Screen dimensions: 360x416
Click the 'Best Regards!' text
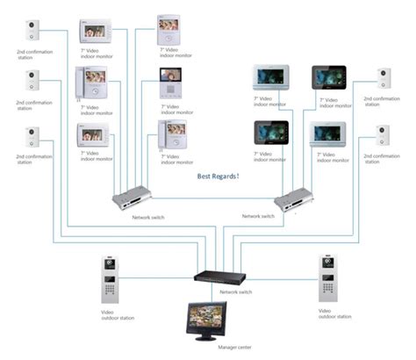pyautogui.click(x=219, y=176)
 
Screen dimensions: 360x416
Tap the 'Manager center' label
pyautogui.click(x=206, y=348)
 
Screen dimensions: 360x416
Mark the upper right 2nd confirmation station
pyautogui.click(x=384, y=80)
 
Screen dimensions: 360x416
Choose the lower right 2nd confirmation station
pyautogui.click(x=384, y=135)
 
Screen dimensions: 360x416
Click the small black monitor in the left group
pyautogui.click(x=170, y=84)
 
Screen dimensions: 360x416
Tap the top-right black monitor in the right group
pyautogui.click(x=329, y=79)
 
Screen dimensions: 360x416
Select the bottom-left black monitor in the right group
pyautogui.click(x=268, y=133)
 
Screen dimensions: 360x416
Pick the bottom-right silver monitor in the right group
pyautogui.click(x=328, y=133)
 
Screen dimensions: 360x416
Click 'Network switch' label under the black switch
pyautogui.click(x=235, y=292)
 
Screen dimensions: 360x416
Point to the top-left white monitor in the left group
pyautogui.click(x=96, y=33)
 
